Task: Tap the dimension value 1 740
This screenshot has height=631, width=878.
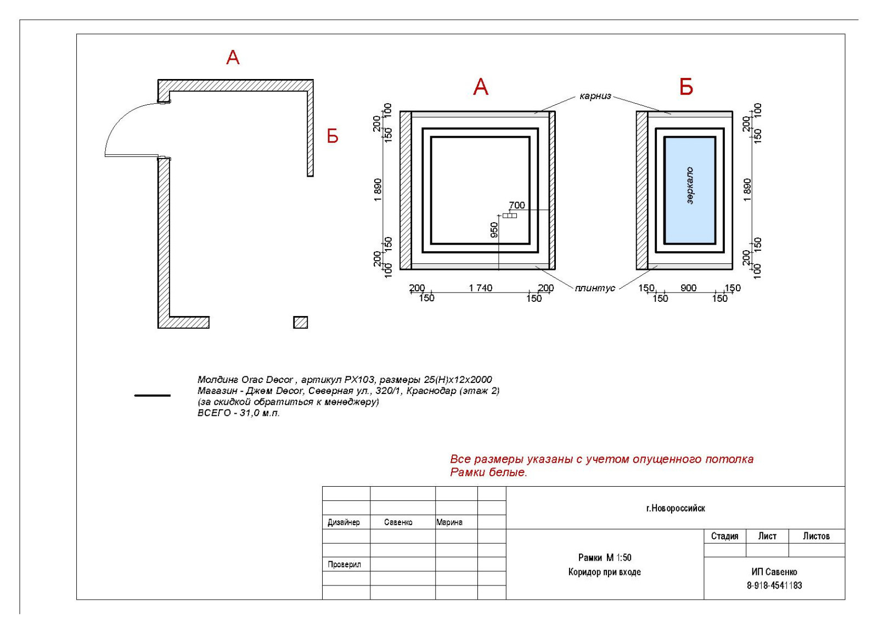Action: (480, 288)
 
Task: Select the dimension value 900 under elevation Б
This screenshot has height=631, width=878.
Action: (688, 288)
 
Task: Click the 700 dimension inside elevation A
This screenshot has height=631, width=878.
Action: (516, 205)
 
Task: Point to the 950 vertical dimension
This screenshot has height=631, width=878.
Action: (494, 230)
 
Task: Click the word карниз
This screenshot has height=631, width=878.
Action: (595, 96)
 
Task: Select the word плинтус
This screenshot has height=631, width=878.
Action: (595, 289)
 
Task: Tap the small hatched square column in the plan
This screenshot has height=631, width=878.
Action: (301, 323)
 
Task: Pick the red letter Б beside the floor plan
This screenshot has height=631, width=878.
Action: (333, 137)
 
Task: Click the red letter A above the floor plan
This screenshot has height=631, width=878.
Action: (233, 58)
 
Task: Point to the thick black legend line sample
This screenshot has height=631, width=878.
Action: (153, 396)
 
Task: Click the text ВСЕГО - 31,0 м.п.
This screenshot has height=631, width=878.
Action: (239, 413)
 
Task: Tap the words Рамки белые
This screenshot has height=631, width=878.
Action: (488, 472)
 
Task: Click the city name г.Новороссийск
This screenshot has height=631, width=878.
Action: (676, 508)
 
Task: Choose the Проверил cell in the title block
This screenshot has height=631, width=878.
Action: (344, 565)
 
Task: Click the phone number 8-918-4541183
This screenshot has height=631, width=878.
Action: (774, 585)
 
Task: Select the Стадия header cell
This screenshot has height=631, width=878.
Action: (725, 536)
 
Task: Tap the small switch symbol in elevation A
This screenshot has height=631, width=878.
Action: (510, 216)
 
